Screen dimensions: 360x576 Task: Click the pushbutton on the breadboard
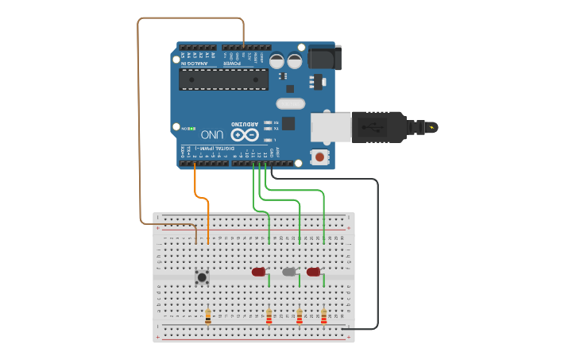pos(202,277)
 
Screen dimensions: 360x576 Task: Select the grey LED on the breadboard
pos(289,272)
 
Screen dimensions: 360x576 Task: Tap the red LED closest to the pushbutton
pos(258,272)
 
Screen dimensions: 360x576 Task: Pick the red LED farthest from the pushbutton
pos(313,272)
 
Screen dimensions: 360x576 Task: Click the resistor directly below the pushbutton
pos(208,316)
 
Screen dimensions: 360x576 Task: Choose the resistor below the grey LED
pos(300,317)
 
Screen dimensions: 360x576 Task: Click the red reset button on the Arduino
pos(319,157)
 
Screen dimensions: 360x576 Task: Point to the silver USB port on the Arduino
pos(328,127)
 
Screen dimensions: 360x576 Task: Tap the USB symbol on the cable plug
pos(373,127)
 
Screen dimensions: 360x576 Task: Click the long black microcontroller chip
pos(223,79)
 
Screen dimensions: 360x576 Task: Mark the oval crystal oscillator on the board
pos(290,103)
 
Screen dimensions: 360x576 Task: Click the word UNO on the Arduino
pos(212,134)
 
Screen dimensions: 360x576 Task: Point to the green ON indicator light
pos(191,128)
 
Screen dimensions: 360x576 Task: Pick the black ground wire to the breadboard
pos(377,254)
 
